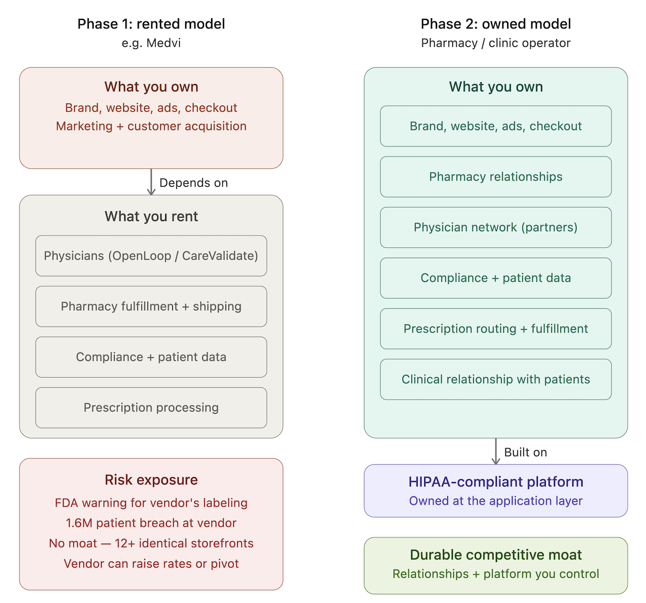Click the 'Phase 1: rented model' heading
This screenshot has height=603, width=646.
151,24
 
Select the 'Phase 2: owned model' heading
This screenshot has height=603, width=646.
496,24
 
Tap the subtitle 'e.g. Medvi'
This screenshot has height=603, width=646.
151,43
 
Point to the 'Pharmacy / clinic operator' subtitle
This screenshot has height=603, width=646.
496,43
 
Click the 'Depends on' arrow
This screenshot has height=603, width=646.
151,182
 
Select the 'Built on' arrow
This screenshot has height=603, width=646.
496,451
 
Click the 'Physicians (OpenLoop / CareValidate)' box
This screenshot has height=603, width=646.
151,256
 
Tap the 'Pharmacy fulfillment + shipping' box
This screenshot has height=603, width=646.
151,307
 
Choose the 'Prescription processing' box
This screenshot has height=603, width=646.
151,408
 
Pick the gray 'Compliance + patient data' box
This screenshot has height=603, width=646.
151,357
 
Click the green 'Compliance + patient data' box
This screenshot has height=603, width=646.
496,278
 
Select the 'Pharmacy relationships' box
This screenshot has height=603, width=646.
496,177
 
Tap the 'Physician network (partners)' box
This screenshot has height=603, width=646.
496,228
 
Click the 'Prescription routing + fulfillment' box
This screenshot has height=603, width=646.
496,329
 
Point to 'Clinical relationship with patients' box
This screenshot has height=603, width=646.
496,379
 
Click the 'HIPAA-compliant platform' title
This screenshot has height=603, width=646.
496,482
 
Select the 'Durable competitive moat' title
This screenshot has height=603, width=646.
496,555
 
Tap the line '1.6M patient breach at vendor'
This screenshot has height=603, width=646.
151,523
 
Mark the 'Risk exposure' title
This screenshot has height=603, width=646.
151,480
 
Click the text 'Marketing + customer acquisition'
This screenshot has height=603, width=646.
151,126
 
